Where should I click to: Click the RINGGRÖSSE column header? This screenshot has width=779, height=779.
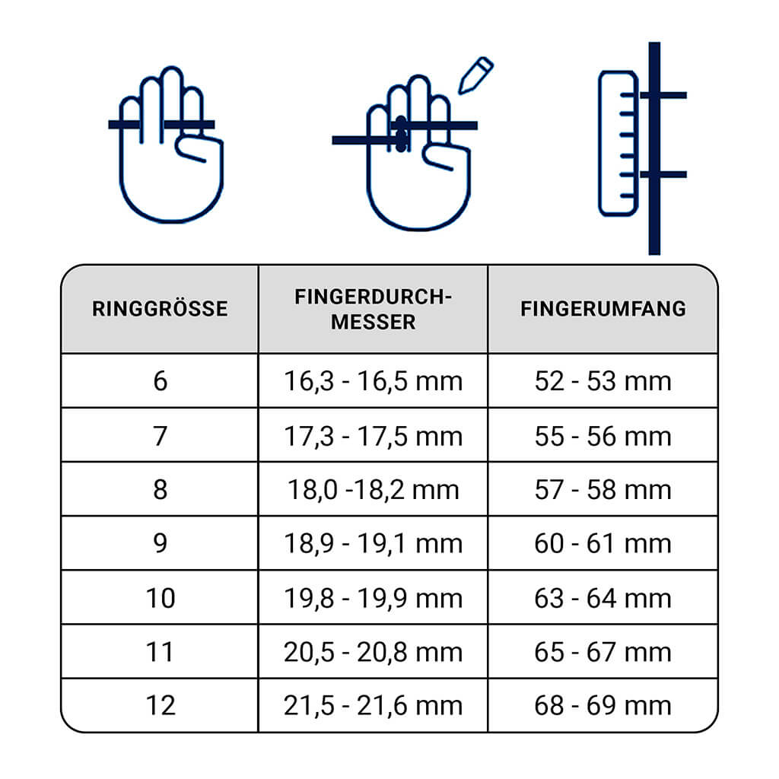click(160, 309)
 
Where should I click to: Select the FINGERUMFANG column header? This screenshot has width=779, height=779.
click(603, 309)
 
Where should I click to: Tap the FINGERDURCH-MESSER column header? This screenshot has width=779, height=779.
click(373, 309)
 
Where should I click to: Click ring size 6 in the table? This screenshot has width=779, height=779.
click(160, 381)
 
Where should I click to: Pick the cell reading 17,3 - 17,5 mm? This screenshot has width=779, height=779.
click(373, 436)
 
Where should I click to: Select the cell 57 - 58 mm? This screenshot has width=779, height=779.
click(603, 489)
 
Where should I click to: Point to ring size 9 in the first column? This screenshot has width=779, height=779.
click(160, 543)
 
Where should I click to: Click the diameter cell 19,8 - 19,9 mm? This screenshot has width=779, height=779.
click(373, 598)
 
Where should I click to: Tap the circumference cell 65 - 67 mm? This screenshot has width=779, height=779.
click(603, 652)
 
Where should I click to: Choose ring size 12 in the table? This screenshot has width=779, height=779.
click(161, 705)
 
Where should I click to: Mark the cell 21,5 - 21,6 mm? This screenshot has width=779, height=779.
click(373, 705)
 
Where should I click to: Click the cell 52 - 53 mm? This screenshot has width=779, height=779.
click(603, 381)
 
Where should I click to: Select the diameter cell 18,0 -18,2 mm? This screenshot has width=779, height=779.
click(373, 489)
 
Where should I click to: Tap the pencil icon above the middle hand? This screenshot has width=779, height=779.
click(475, 75)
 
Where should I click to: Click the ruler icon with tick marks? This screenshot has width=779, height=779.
click(618, 144)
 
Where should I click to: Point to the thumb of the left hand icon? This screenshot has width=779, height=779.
click(199, 148)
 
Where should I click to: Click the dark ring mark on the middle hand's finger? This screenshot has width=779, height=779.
click(402, 134)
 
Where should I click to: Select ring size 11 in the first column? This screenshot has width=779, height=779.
click(160, 652)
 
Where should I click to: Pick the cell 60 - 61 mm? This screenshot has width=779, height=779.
click(603, 543)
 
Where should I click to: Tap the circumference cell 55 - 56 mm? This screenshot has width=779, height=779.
click(603, 436)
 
